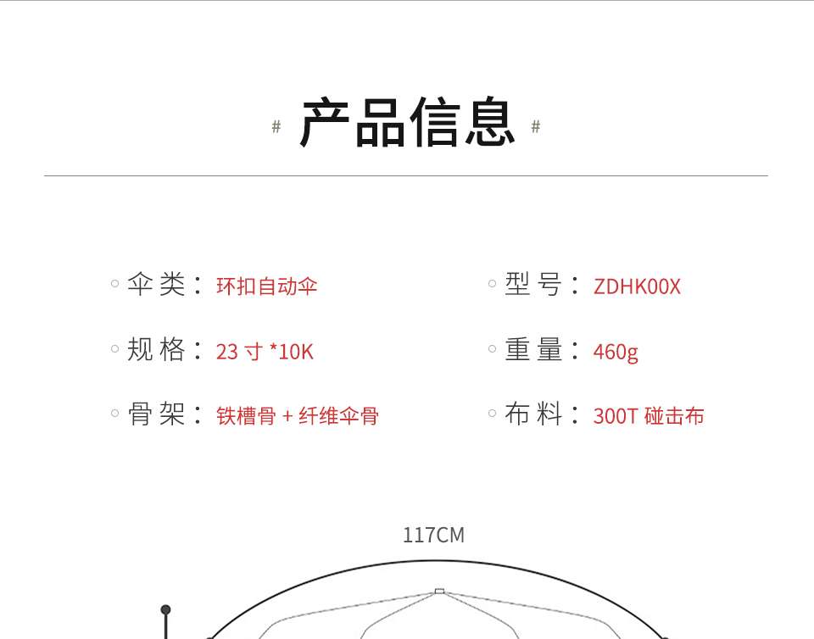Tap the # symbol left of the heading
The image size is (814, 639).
[x=276, y=127]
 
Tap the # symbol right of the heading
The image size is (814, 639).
[x=536, y=127]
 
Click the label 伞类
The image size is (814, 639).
[x=157, y=285]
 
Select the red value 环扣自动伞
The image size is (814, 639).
[x=267, y=286]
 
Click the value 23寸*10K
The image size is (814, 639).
[x=265, y=351]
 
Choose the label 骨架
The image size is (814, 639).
[x=157, y=414]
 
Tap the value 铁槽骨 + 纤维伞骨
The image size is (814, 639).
[x=298, y=416]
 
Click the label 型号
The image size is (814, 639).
[x=534, y=285]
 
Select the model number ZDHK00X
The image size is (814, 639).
[x=637, y=286]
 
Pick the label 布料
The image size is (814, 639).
[x=534, y=414]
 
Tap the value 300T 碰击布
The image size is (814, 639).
[x=649, y=416]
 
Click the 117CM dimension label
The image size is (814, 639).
[x=433, y=536]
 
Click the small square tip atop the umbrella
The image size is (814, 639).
[x=439, y=591]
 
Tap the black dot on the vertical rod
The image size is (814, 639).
[x=165, y=609]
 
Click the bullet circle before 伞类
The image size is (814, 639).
[x=114, y=284]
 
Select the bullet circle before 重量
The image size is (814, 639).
[x=492, y=348]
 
